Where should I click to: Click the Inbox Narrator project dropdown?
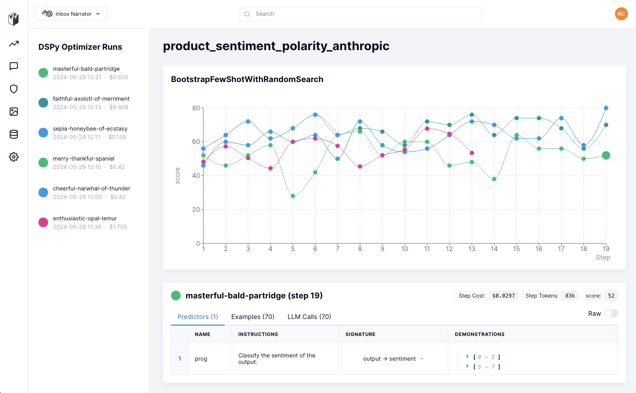click(71, 14)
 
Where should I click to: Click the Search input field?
click(360, 14)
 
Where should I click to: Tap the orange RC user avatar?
click(621, 14)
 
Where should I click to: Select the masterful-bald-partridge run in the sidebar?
click(86, 73)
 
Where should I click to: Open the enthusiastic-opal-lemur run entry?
click(85, 222)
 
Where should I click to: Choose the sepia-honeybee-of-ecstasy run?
click(90, 133)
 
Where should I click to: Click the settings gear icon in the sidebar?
click(14, 157)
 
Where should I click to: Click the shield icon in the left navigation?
click(14, 89)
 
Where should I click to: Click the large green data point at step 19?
click(606, 155)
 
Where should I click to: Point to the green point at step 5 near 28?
click(293, 196)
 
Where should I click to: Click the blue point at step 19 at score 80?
click(606, 108)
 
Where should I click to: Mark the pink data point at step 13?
click(472, 153)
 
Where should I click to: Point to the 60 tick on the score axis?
click(196, 142)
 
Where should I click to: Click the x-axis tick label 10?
click(404, 249)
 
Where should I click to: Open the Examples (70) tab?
click(253, 317)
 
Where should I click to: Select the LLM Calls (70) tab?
click(309, 317)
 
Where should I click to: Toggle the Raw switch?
click(611, 314)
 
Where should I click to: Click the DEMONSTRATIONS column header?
click(480, 334)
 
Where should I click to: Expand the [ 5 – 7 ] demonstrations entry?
click(468, 366)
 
